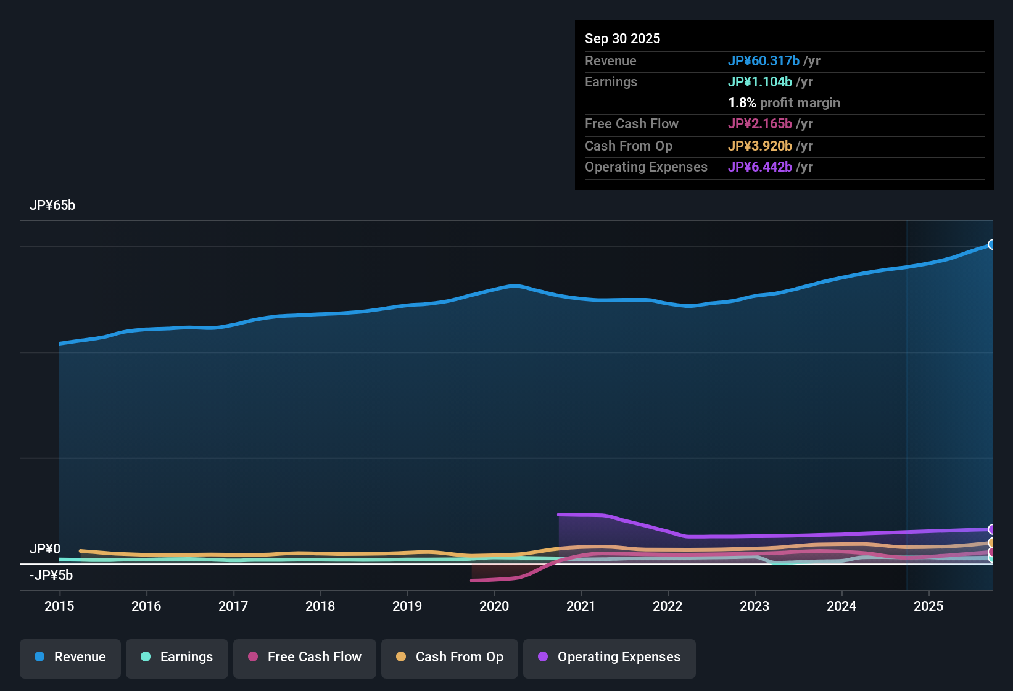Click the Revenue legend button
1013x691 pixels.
pos(70,658)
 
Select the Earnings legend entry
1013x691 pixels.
pos(177,658)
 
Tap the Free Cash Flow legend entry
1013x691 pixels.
pos(305,658)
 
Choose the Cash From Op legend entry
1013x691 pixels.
pos(450,658)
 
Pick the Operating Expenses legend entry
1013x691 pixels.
pos(610,658)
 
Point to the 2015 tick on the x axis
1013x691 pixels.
pos(59,606)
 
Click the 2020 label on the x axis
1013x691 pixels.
pos(494,606)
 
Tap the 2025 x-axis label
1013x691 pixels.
pos(928,606)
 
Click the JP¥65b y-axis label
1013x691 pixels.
pos(52,205)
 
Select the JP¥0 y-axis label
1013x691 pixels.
pos(45,549)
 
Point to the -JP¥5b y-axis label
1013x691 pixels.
pos(51,576)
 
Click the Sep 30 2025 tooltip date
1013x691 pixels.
pos(622,39)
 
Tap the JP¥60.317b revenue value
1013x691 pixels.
pos(764,61)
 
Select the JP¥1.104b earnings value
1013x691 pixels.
pos(760,82)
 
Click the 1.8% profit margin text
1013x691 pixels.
pos(784,103)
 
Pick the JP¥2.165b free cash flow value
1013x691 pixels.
pos(760,124)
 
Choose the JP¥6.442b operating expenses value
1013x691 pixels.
pos(760,167)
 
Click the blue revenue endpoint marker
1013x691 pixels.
pos(991,245)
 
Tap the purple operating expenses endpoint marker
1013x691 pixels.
pos(991,529)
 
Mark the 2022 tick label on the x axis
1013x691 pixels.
pos(668,606)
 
